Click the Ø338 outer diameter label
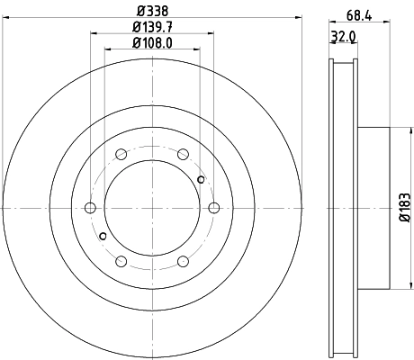click(x=152, y=12)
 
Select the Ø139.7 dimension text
click(x=152, y=28)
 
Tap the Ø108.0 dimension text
click(x=152, y=42)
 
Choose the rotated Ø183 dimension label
click(x=404, y=208)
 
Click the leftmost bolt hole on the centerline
click(x=89, y=208)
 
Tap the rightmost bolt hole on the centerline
click(x=214, y=208)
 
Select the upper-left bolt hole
click(x=121, y=154)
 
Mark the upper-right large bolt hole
click(x=183, y=154)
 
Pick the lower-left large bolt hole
click(x=121, y=262)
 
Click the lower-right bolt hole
click(x=183, y=262)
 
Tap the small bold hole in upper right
click(x=201, y=180)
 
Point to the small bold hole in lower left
click(x=103, y=236)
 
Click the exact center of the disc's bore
click(x=152, y=208)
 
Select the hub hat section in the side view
click(x=376, y=208)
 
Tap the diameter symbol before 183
click(x=404, y=220)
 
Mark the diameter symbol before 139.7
click(x=134, y=28)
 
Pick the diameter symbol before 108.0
click(x=134, y=42)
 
